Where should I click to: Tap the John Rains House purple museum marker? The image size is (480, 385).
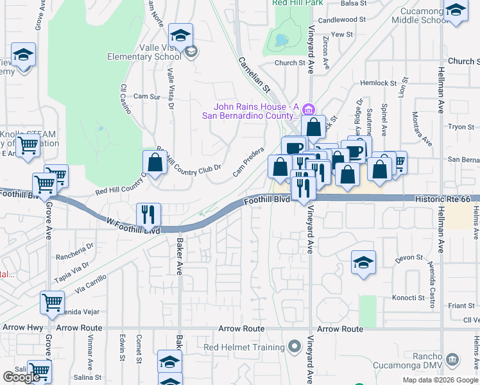309,107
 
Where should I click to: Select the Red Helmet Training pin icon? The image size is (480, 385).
295,347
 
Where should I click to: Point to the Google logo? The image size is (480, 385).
21,377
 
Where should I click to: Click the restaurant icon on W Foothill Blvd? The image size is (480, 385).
148,214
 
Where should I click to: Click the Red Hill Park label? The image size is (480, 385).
296,3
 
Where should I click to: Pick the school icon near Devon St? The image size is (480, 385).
363,262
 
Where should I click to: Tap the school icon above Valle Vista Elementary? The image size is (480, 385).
181,35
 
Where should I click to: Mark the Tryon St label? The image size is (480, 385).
461,127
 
